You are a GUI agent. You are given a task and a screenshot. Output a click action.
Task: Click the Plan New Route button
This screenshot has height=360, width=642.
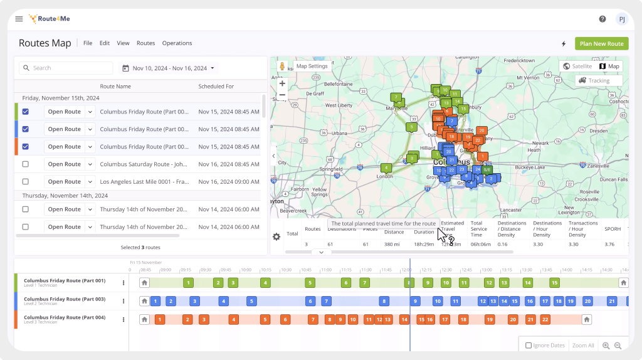tap(601, 44)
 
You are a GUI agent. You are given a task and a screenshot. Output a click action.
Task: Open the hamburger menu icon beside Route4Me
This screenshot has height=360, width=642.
tap(19, 19)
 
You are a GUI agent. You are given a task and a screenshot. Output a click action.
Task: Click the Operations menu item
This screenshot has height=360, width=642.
tap(177, 43)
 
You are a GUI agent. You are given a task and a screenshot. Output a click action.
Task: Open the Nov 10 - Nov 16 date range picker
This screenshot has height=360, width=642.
tap(168, 68)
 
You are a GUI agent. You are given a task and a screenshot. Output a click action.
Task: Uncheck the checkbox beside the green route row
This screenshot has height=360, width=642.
tap(26, 112)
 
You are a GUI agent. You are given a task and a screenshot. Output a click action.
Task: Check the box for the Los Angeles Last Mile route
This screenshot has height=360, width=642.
tap(26, 182)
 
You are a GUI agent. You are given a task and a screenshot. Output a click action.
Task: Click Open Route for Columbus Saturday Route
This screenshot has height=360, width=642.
tap(64, 164)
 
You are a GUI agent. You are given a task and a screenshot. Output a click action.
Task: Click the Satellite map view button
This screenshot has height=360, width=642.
tap(577, 66)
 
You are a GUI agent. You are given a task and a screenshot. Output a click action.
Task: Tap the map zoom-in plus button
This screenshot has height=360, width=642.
tap(282, 83)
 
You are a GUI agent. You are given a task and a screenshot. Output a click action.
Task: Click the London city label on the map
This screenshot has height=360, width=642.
tap(384, 176)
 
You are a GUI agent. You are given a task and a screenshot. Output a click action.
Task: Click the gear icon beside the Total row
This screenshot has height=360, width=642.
tap(276, 236)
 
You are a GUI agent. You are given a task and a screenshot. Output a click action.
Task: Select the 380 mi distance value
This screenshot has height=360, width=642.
tap(392, 244)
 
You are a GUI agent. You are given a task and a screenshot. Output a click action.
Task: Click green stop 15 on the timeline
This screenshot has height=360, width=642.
tap(554, 283)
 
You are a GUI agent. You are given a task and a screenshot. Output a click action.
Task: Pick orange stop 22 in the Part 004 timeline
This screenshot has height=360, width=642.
tap(545, 320)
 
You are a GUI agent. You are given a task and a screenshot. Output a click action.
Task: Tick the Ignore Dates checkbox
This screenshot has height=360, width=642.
tap(529, 346)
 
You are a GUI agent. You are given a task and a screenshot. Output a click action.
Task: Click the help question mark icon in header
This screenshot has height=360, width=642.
tap(603, 19)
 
